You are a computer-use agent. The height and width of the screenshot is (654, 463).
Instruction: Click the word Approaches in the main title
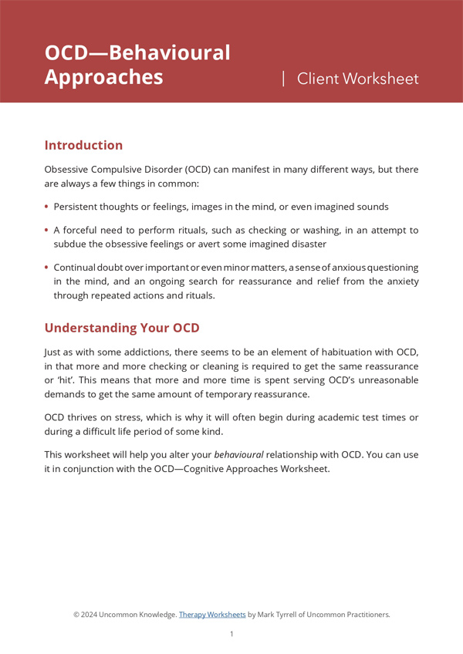(103, 78)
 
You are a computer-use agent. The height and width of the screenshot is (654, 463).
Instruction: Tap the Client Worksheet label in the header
(357, 79)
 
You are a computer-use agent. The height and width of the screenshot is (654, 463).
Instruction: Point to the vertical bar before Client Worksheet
(283, 78)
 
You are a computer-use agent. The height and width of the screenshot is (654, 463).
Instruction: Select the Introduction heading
(83, 145)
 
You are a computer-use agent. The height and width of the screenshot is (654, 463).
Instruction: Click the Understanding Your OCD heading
(122, 328)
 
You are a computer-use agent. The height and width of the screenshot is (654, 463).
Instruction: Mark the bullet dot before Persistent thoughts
(47, 207)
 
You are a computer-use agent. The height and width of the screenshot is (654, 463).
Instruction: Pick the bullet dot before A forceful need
(47, 230)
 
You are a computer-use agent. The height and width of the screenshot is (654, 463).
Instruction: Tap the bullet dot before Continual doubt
(47, 268)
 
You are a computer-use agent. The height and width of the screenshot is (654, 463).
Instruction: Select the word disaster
(306, 244)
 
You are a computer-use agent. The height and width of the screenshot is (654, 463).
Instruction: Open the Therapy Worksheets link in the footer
(212, 615)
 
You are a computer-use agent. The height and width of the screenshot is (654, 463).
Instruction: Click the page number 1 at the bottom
(231, 634)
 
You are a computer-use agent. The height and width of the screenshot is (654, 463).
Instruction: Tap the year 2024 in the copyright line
(92, 615)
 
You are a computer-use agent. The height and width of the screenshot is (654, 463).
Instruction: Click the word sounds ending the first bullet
(371, 207)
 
